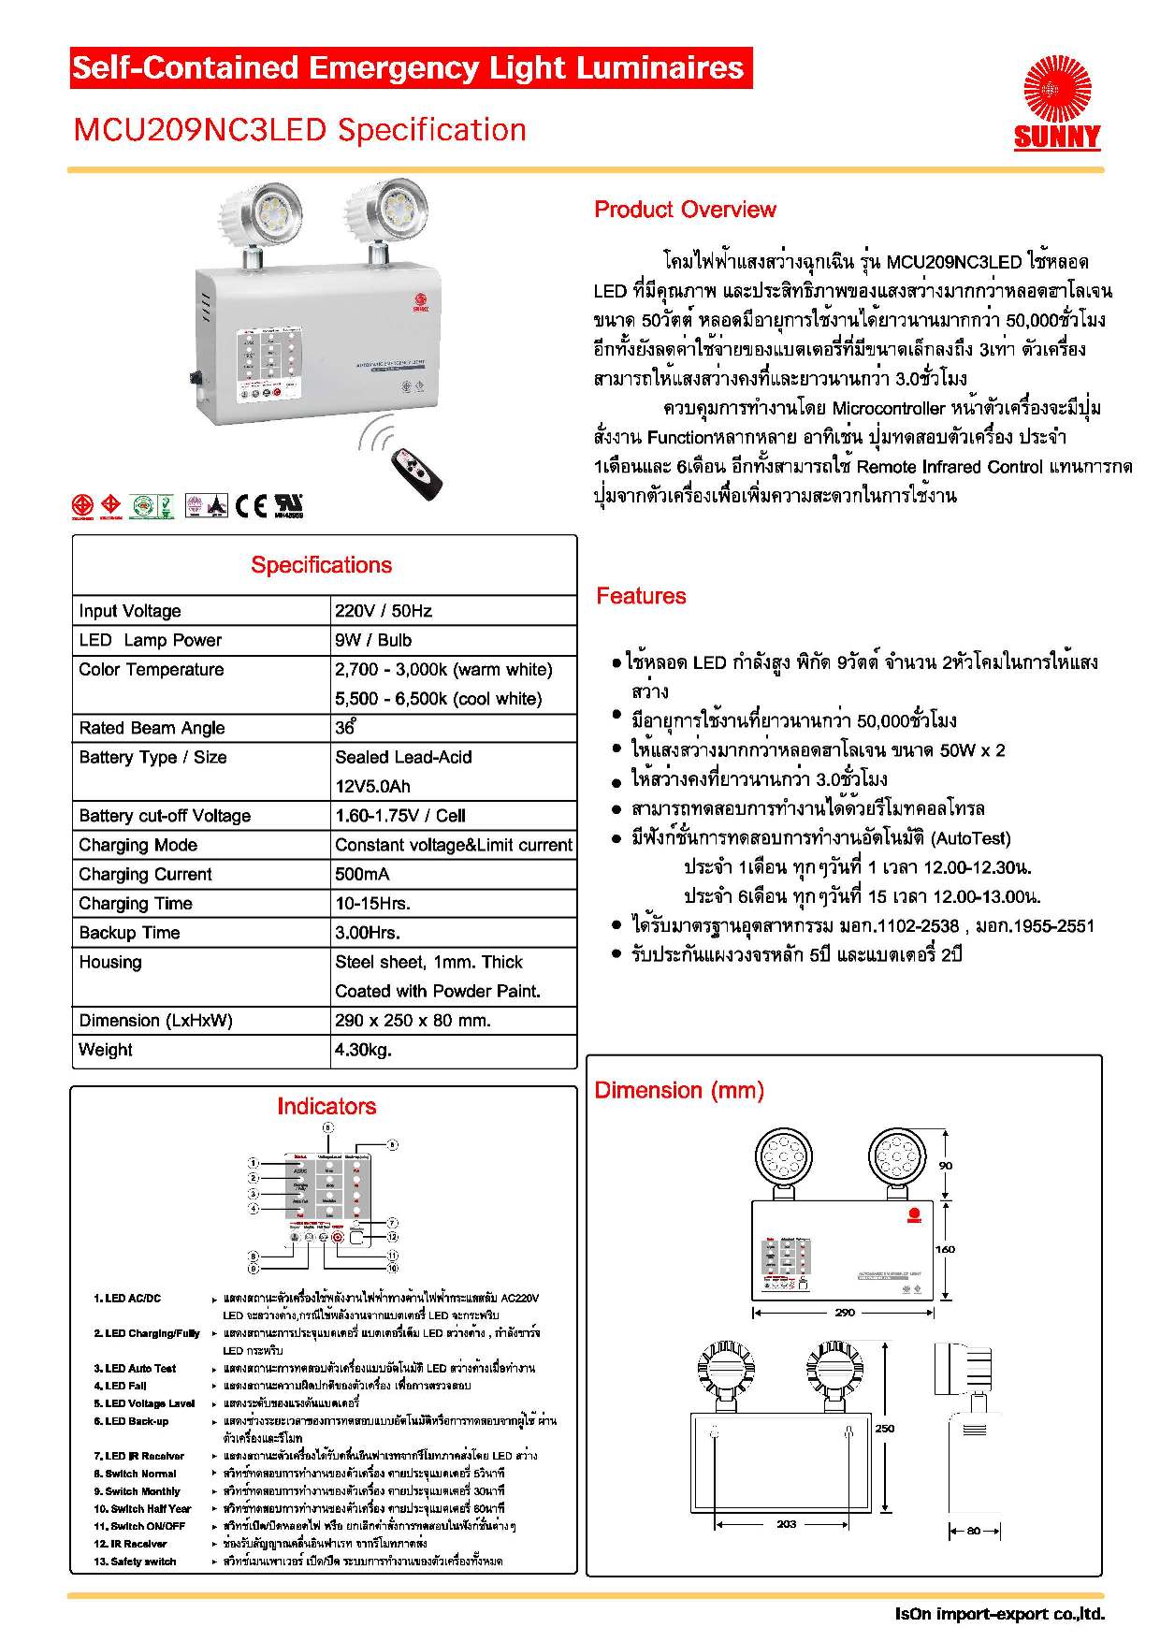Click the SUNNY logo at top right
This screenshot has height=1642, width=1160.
pyautogui.click(x=1057, y=103)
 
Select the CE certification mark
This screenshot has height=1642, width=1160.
pyautogui.click(x=251, y=505)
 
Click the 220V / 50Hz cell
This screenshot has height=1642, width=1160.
pyautogui.click(x=384, y=611)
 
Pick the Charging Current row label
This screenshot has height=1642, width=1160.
pyautogui.click(x=146, y=874)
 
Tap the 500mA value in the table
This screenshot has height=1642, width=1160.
pyautogui.click(x=362, y=874)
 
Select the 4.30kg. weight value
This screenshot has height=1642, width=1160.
pyautogui.click(x=363, y=1050)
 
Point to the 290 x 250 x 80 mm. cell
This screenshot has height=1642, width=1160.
pyautogui.click(x=413, y=1020)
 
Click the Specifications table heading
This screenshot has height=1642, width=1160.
pyautogui.click(x=321, y=565)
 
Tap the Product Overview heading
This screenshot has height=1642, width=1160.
pyautogui.click(x=685, y=210)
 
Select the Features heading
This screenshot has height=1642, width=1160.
pyautogui.click(x=641, y=596)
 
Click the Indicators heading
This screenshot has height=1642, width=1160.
pyautogui.click(x=326, y=1106)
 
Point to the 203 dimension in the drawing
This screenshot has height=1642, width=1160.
pyautogui.click(x=787, y=1523)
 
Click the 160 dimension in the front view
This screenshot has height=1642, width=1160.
pyautogui.click(x=945, y=1249)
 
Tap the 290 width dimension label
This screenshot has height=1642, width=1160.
pyautogui.click(x=844, y=1312)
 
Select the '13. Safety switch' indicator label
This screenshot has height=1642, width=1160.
pyautogui.click(x=135, y=1562)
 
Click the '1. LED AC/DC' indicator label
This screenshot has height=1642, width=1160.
pyautogui.click(x=127, y=1298)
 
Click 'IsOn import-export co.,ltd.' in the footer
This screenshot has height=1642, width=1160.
pyautogui.click(x=999, y=1614)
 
